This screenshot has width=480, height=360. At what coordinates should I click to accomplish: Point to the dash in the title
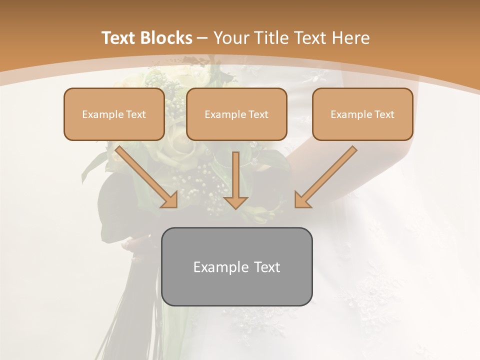(x=202, y=38)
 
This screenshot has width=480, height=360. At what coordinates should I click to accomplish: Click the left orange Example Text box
(x=114, y=114)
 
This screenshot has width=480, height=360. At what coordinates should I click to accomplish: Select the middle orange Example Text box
(x=236, y=114)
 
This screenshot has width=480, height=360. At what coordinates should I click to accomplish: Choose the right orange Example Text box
(x=362, y=114)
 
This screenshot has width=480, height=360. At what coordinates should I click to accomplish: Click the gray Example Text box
(x=236, y=266)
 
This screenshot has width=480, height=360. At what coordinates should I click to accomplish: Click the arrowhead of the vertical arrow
(x=236, y=201)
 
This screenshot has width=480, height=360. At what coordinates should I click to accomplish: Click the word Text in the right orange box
(x=384, y=114)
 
